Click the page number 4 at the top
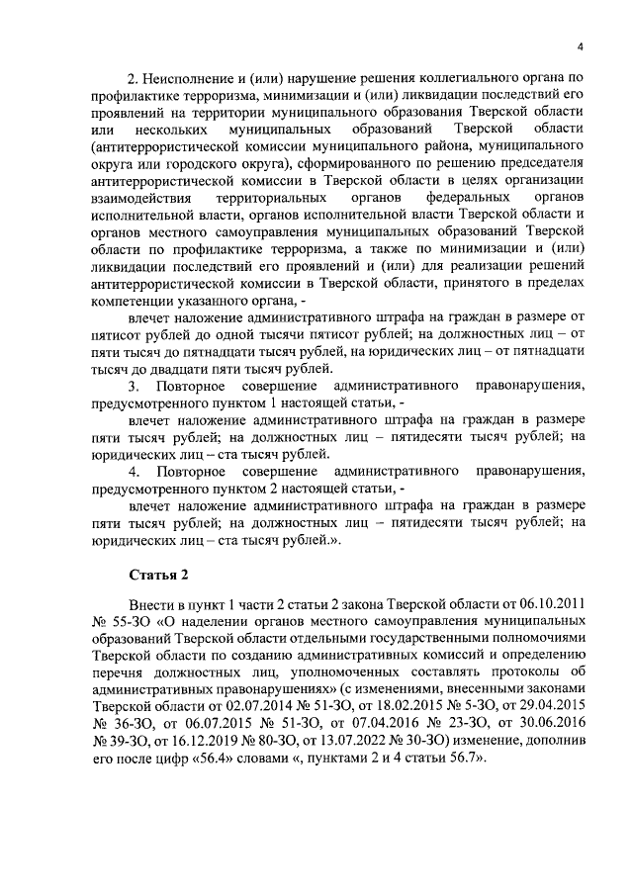tap(581, 47)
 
